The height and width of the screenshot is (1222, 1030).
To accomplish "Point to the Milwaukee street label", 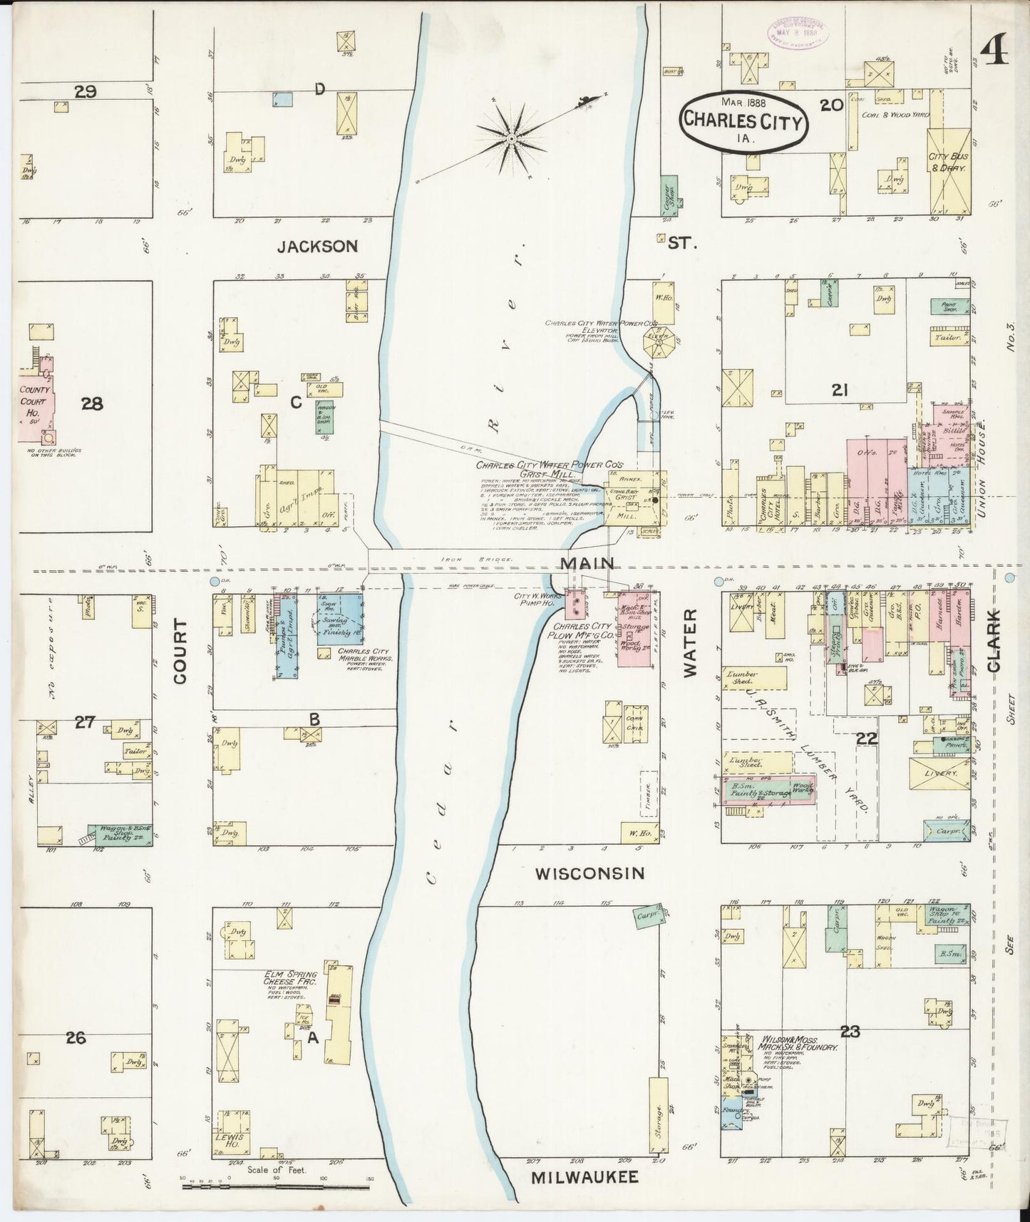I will pyautogui.click(x=585, y=1178).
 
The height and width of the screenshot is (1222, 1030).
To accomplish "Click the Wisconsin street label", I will pyautogui.click(x=590, y=873).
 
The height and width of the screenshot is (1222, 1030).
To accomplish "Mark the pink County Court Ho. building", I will pyautogui.click(x=34, y=399).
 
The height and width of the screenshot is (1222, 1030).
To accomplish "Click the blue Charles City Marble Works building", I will pyautogui.click(x=339, y=619).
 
